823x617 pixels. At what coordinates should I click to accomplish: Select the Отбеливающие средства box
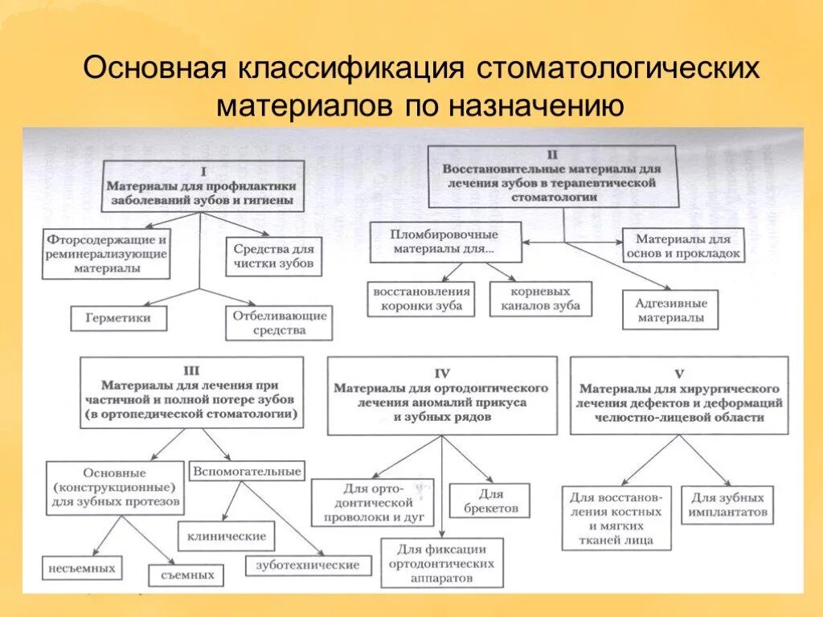pyautogui.click(x=279, y=322)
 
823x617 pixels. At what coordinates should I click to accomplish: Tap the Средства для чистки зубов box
pyautogui.click(x=273, y=255)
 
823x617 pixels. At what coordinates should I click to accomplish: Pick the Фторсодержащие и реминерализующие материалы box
pyautogui.click(x=106, y=253)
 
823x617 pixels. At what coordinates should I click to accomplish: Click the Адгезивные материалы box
pyautogui.click(x=671, y=310)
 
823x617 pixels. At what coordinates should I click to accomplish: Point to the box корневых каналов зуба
pyautogui.click(x=539, y=298)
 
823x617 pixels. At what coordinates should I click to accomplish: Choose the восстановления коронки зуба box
pyautogui.click(x=422, y=298)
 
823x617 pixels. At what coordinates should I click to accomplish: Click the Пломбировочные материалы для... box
pyautogui.click(x=445, y=241)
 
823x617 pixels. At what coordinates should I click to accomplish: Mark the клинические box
pyautogui.click(x=227, y=535)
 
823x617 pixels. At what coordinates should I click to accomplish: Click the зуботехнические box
pyautogui.click(x=308, y=565)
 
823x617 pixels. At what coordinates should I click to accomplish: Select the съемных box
pyautogui.click(x=186, y=574)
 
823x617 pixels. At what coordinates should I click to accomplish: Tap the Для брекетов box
pyautogui.click(x=489, y=500)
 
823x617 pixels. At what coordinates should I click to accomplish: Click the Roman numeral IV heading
pyautogui.click(x=442, y=373)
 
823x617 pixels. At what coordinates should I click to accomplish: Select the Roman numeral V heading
pyautogui.click(x=679, y=373)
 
